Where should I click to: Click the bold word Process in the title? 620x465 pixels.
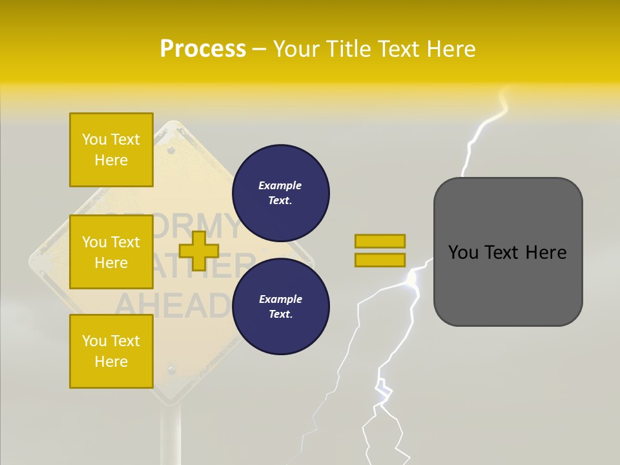[x=203, y=49]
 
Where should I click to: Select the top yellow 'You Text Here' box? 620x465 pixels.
[x=111, y=150]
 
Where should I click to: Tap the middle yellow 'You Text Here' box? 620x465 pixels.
[x=111, y=252]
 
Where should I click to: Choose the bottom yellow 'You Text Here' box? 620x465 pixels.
[x=111, y=351]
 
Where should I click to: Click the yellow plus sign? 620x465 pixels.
[x=198, y=251]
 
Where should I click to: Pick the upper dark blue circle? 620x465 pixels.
[x=280, y=192]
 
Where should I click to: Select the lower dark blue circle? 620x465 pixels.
[x=280, y=306]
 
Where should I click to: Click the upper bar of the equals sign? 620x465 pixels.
[x=380, y=241]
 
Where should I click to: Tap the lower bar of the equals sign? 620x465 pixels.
[x=380, y=260]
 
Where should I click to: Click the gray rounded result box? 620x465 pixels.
[x=508, y=252]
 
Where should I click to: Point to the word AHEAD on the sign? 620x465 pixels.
[x=172, y=305]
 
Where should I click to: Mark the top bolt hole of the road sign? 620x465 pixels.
[x=171, y=150]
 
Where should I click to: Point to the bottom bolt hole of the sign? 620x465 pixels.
[x=171, y=371]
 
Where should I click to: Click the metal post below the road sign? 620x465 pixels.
[x=171, y=433]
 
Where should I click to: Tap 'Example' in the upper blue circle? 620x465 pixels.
[x=280, y=185]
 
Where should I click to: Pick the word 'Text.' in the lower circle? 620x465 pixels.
[x=280, y=314]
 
